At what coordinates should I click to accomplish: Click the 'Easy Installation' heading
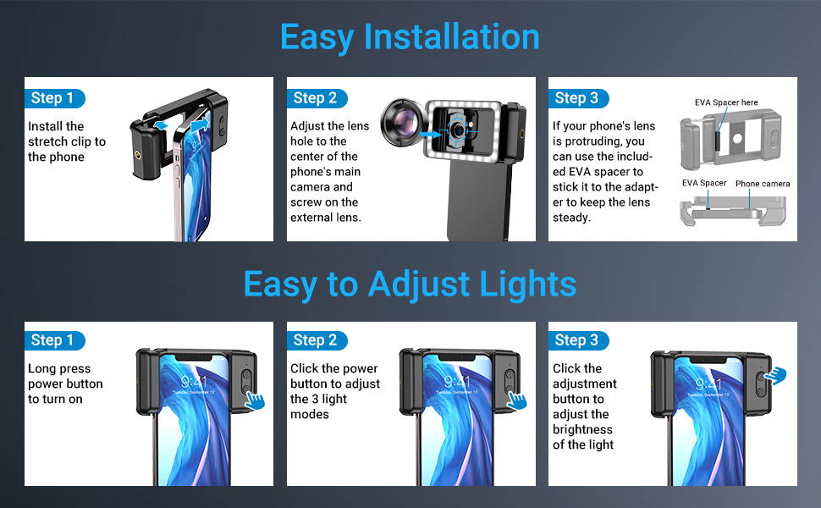click(x=410, y=37)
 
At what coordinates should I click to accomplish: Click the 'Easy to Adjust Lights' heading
click(x=410, y=284)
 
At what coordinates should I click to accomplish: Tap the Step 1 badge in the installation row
click(x=54, y=98)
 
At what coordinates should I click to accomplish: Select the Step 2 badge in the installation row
click(x=317, y=98)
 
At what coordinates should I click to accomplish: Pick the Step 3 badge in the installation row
click(x=578, y=98)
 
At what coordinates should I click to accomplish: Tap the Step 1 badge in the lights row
click(x=54, y=340)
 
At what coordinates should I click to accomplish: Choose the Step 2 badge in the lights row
click(x=317, y=340)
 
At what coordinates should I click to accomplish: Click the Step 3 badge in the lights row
click(x=578, y=340)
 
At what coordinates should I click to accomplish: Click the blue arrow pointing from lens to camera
click(x=431, y=134)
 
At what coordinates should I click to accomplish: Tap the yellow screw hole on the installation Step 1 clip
click(x=138, y=155)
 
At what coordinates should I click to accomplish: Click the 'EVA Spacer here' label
click(x=726, y=102)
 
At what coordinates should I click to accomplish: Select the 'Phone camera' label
click(x=763, y=184)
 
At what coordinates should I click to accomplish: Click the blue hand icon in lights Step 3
click(x=775, y=376)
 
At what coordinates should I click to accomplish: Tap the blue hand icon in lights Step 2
click(x=517, y=400)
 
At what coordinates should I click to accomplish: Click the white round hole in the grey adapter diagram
click(x=737, y=139)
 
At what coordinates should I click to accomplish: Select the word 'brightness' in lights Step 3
click(x=582, y=430)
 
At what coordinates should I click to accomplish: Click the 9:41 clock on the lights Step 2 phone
click(x=456, y=382)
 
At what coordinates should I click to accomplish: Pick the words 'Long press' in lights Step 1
click(x=59, y=369)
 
